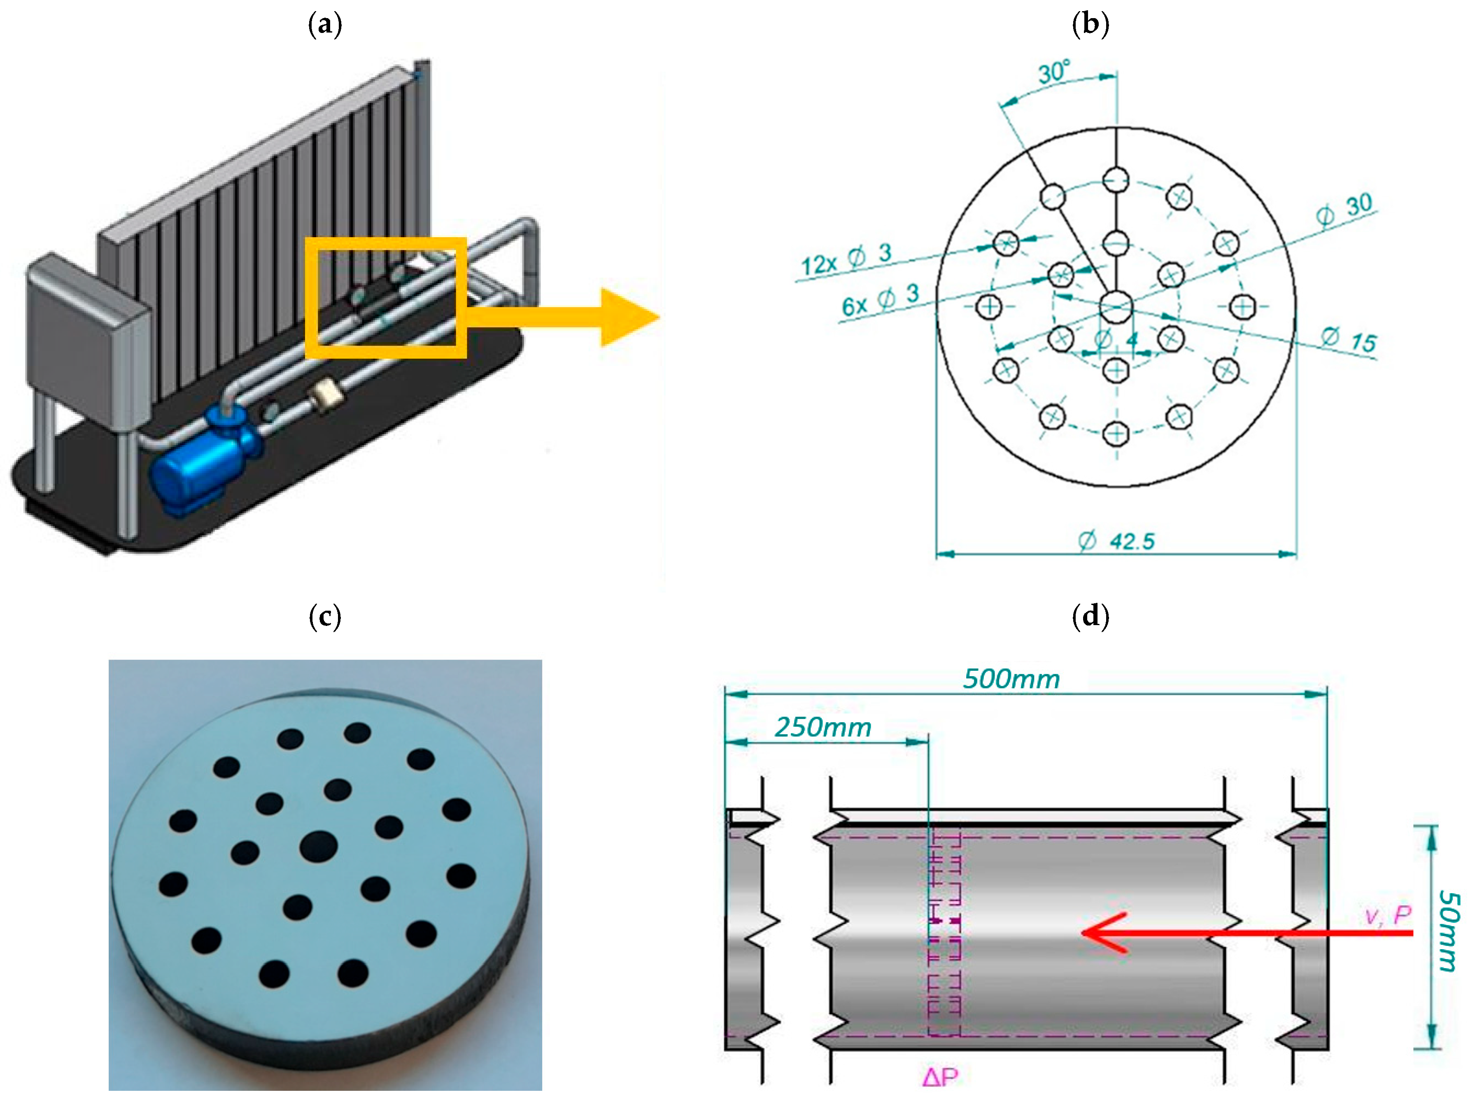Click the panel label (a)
coord(325,26)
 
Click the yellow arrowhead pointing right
coord(627,317)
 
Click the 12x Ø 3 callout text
coord(846,260)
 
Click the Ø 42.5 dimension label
coord(1117,541)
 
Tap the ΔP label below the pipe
coord(940,1076)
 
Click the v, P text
coord(1388,915)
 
